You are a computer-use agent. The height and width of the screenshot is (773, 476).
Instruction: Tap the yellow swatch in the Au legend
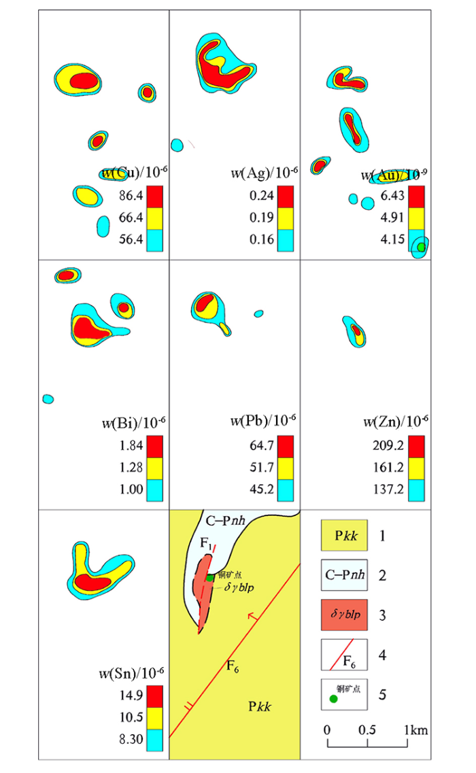click(x=416, y=218)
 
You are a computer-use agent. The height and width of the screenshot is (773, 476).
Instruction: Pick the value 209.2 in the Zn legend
click(x=387, y=447)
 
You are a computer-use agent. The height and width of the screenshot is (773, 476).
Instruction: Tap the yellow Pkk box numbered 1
click(x=344, y=536)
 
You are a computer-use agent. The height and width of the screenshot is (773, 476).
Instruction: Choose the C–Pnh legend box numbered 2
click(x=344, y=575)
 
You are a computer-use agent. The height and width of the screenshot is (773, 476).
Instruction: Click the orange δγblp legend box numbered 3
click(x=344, y=615)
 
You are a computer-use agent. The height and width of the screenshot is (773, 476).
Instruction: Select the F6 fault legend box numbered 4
click(x=344, y=654)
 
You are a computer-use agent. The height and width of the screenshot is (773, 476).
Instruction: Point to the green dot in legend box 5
click(x=333, y=698)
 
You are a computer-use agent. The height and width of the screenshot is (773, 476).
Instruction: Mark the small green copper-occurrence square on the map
click(x=210, y=577)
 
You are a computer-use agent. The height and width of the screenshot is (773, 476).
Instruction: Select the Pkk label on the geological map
click(x=259, y=706)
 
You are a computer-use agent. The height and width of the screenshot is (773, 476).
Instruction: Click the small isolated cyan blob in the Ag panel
click(x=177, y=145)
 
